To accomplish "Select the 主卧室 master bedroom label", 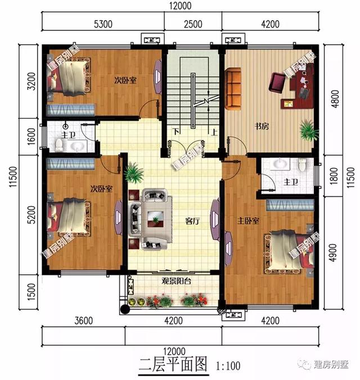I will pyautogui.click(x=247, y=220).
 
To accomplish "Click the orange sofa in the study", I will pyautogui.click(x=235, y=89).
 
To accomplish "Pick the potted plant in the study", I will pyautogui.click(x=307, y=130).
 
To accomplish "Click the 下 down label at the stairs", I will pyautogui.click(x=176, y=133).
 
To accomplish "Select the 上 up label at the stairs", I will pyautogui.click(x=214, y=133).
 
